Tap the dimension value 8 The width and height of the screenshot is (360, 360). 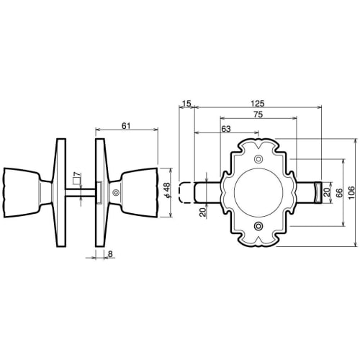[x=109, y=253]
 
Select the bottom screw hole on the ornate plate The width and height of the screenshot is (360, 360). [x=258, y=228]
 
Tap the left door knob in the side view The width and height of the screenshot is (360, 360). [x=24, y=191]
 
